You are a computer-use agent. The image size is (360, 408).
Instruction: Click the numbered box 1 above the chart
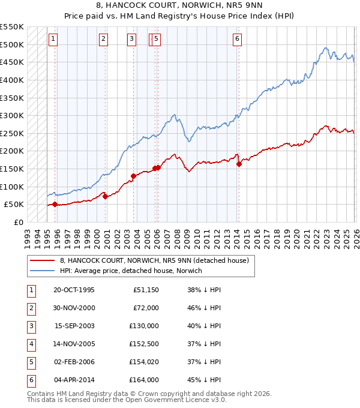click(x=53, y=39)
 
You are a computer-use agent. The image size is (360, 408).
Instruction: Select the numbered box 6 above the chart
click(x=238, y=39)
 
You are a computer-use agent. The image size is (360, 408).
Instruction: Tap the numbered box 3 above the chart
click(x=131, y=39)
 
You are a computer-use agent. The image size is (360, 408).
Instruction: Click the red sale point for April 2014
click(x=239, y=164)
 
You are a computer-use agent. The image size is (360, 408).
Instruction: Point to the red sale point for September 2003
click(x=134, y=176)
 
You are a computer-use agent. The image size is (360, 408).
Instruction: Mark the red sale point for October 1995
click(x=55, y=204)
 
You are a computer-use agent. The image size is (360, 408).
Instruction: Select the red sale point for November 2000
click(x=106, y=196)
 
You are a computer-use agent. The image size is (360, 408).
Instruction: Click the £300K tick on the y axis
click(x=12, y=115)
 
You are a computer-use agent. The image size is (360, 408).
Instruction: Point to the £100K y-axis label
click(x=12, y=187)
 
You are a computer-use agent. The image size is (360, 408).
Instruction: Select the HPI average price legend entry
click(x=130, y=271)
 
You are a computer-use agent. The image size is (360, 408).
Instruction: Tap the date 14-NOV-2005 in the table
click(x=74, y=344)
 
